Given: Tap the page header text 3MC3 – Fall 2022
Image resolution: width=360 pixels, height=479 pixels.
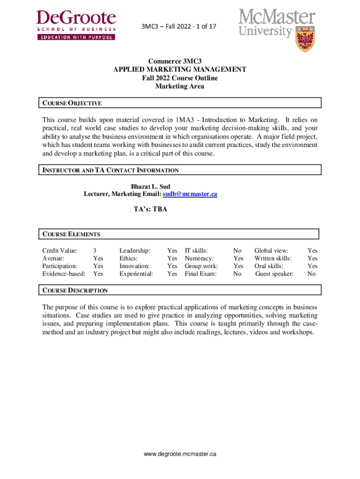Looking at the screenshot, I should [180, 27].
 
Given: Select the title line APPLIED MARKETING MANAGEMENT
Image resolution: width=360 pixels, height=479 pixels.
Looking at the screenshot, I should [180, 70].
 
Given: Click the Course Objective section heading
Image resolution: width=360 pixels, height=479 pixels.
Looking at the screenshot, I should [72, 103].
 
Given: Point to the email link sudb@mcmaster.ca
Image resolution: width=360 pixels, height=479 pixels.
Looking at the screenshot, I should [190, 194].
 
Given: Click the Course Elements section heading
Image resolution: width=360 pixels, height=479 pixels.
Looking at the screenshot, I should [71, 234].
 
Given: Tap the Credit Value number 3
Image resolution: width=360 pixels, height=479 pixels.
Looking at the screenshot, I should [95, 251].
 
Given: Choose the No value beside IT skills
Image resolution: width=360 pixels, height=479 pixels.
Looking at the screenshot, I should [238, 251].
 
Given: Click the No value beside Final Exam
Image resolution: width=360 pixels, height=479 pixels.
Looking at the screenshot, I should [238, 274].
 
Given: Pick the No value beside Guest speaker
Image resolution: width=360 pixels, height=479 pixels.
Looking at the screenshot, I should [311, 274].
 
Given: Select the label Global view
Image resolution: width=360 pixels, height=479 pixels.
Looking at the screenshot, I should [271, 251].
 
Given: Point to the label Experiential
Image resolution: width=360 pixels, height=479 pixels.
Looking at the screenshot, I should [136, 274].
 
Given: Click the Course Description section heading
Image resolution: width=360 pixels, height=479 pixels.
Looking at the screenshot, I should [75, 290].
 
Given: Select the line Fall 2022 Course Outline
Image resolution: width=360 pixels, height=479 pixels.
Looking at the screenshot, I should [180, 78].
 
